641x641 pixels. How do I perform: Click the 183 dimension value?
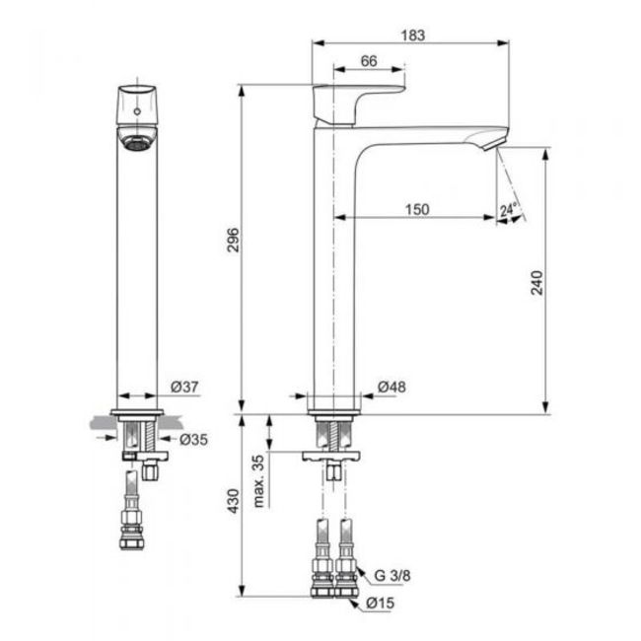[x=413, y=36]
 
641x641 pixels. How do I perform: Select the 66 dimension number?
[x=369, y=61]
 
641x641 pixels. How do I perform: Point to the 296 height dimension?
[x=233, y=240]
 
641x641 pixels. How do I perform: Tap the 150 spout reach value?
[x=417, y=210]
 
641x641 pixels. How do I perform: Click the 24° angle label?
[x=509, y=210]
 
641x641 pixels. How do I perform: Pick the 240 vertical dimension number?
[x=536, y=282]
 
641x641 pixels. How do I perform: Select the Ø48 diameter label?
[x=392, y=387]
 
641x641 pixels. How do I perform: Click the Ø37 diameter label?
[x=184, y=387]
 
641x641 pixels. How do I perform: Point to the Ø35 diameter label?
[x=193, y=440]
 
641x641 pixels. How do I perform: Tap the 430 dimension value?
[x=233, y=501]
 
